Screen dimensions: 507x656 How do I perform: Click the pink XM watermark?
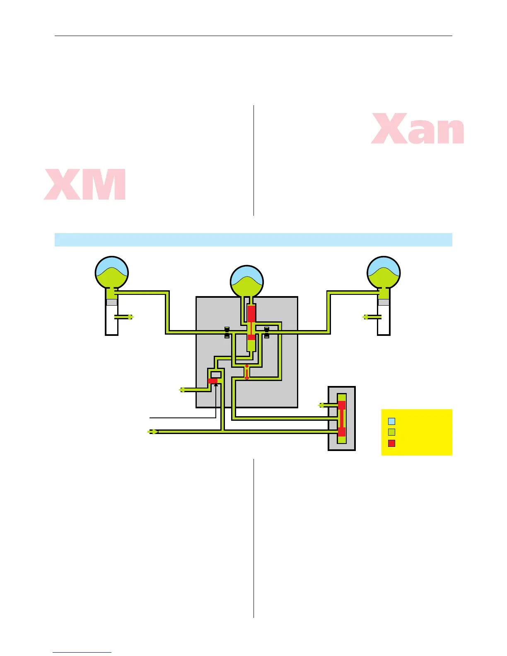point(85,184)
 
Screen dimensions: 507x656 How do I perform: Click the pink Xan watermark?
point(418,129)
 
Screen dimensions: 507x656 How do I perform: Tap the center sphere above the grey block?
point(247,282)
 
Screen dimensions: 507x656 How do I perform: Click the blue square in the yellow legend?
point(391,422)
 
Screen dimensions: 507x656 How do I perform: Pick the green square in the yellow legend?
point(391,432)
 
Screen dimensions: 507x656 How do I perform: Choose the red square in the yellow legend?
point(391,444)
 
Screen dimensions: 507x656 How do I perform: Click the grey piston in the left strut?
point(112,302)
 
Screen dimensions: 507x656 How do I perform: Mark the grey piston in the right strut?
point(384,302)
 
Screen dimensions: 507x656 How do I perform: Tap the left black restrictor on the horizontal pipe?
point(227,332)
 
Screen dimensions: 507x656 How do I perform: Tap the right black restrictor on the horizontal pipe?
point(267,332)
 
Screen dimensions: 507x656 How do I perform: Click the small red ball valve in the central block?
point(247,367)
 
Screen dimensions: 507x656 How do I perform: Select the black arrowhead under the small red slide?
point(216,385)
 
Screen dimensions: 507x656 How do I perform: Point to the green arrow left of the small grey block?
point(321,405)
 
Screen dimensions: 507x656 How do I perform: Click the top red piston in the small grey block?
point(342,405)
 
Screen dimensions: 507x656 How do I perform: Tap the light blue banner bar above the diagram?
point(253,240)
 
